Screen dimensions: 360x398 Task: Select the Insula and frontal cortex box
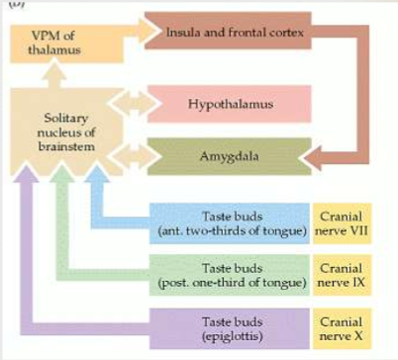coord(235,31)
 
